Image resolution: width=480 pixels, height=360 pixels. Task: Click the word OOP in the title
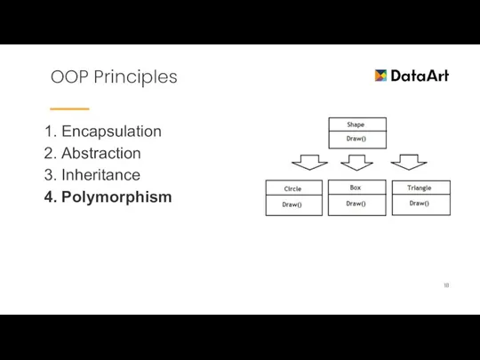coord(68,77)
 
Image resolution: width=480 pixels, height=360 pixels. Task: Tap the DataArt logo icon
coord(381,76)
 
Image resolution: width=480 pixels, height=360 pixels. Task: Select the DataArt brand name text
coord(420,76)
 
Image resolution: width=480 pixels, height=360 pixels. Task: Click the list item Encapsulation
coord(111,132)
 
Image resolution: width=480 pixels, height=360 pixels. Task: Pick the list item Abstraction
coord(100,154)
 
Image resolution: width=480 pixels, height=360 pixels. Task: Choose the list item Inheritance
coord(100,175)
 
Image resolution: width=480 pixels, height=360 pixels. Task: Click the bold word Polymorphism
coord(116,197)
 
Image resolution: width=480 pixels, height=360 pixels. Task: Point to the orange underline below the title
coord(69,108)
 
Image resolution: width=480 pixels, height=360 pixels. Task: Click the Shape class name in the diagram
coord(356,124)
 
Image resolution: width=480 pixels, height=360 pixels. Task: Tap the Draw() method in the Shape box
coord(356,140)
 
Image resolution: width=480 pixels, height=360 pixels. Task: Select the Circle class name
coord(292,188)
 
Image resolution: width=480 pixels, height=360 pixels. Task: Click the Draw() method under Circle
coord(292,205)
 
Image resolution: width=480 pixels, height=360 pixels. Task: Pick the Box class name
coord(356,188)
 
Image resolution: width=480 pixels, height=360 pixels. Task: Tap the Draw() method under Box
coord(356,204)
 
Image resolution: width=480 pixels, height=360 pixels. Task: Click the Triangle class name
coord(420,188)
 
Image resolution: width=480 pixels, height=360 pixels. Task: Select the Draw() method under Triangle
coord(420,204)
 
